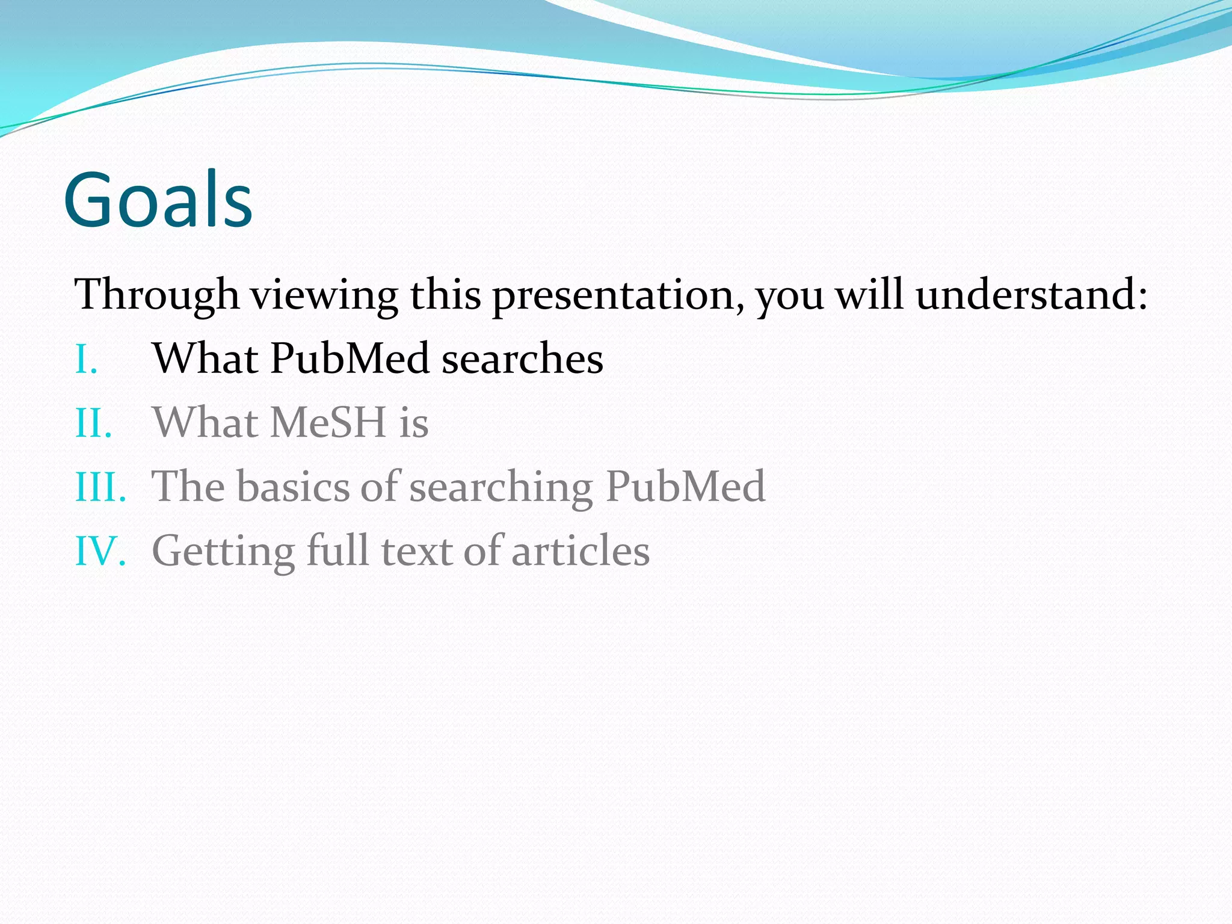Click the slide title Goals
(x=158, y=200)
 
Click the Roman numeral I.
(x=86, y=360)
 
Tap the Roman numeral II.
(x=93, y=423)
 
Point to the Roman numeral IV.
(x=100, y=551)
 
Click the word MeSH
(x=328, y=422)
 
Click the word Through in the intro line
(x=156, y=295)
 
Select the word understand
(x=1026, y=295)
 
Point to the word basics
(x=295, y=486)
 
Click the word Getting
(x=223, y=552)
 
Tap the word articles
(x=581, y=550)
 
